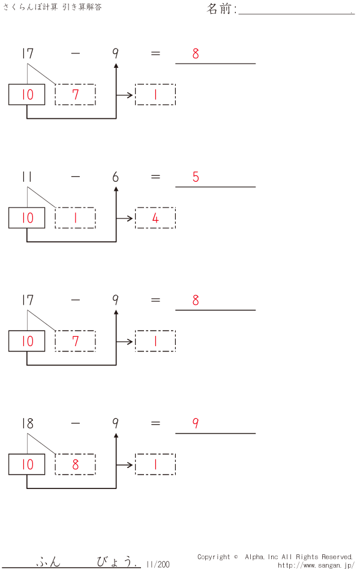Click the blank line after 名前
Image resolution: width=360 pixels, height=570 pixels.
pyautogui.click(x=296, y=11)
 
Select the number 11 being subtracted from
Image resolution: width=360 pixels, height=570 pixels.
pyautogui.click(x=27, y=177)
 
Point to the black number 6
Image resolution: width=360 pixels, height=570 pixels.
pyautogui.click(x=115, y=177)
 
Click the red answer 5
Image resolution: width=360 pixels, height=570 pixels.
pyautogui.click(x=196, y=177)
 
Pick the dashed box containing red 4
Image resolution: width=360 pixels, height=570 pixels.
pyautogui.click(x=155, y=218)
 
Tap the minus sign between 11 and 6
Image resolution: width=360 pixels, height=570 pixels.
pyautogui.click(x=75, y=177)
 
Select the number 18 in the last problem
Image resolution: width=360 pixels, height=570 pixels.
pyautogui.click(x=27, y=424)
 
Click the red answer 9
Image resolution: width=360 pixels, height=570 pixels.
pyautogui.click(x=196, y=424)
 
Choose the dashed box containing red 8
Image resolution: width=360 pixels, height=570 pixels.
pyautogui.click(x=75, y=464)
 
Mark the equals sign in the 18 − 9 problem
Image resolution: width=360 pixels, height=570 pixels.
pyautogui.click(x=155, y=424)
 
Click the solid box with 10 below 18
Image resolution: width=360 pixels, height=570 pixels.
pyautogui.click(x=27, y=464)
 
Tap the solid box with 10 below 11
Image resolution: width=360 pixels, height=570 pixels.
pyautogui.click(x=27, y=218)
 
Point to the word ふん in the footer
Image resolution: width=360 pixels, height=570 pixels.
pyautogui.click(x=49, y=562)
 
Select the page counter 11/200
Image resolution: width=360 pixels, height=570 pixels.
pyautogui.click(x=158, y=564)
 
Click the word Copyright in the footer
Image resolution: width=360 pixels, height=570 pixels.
pyautogui.click(x=214, y=557)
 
